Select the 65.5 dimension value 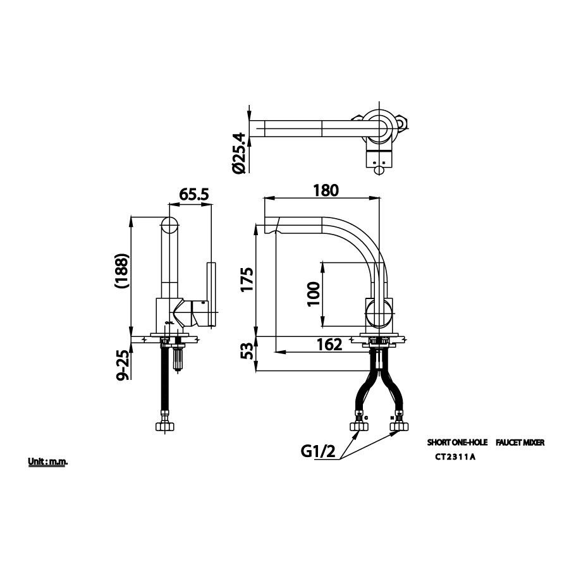[x=194, y=195]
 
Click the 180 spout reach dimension [x=327, y=190]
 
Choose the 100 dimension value [x=312, y=294]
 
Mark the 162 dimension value [x=329, y=345]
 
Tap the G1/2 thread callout [x=317, y=451]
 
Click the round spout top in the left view [x=169, y=226]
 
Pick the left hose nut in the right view [x=360, y=424]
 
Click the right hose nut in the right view [x=398, y=424]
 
